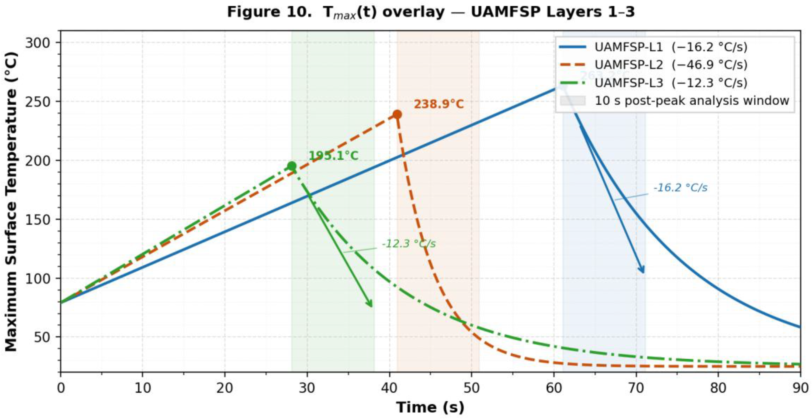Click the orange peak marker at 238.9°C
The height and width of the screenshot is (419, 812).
[397, 114]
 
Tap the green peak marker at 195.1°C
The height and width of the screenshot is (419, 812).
[292, 166]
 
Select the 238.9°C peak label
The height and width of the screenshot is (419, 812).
[438, 104]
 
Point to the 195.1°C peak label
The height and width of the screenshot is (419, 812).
[333, 156]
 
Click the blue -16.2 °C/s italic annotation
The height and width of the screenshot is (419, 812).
[680, 188]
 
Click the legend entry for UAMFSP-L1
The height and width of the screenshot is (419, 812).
[671, 47]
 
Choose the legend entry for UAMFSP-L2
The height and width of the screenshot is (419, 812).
[671, 65]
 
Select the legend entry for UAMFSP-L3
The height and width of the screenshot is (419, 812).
[671, 83]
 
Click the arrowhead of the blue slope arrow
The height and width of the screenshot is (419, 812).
[642, 271]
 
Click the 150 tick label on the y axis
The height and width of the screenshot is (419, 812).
[38, 219]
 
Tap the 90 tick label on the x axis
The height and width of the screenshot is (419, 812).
[800, 388]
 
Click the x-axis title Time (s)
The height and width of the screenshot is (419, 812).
[430, 407]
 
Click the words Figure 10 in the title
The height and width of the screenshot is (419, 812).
[268, 12]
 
